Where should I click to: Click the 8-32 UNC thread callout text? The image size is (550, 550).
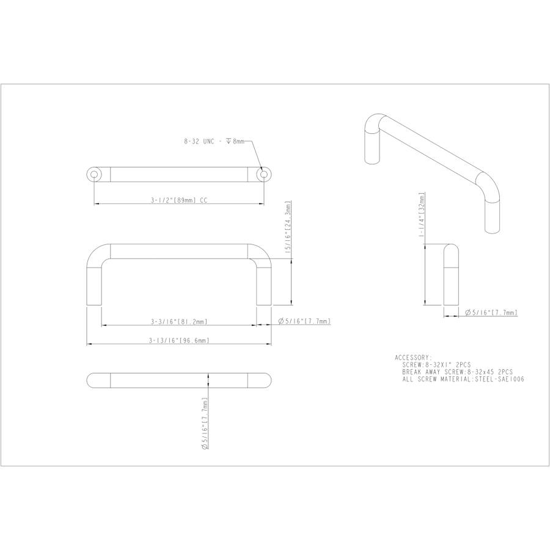click(214, 141)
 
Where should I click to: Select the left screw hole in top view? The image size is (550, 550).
click(94, 175)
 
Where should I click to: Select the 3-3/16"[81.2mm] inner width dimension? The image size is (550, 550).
click(179, 321)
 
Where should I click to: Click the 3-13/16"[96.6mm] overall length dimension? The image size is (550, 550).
click(179, 340)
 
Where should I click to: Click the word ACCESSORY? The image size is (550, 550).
click(414, 358)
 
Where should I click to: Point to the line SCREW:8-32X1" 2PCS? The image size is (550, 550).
click(436, 364)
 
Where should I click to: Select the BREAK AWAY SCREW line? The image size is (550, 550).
click(457, 372)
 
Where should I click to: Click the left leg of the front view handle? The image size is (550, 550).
click(94, 281)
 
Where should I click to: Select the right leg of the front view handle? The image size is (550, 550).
click(264, 281)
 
